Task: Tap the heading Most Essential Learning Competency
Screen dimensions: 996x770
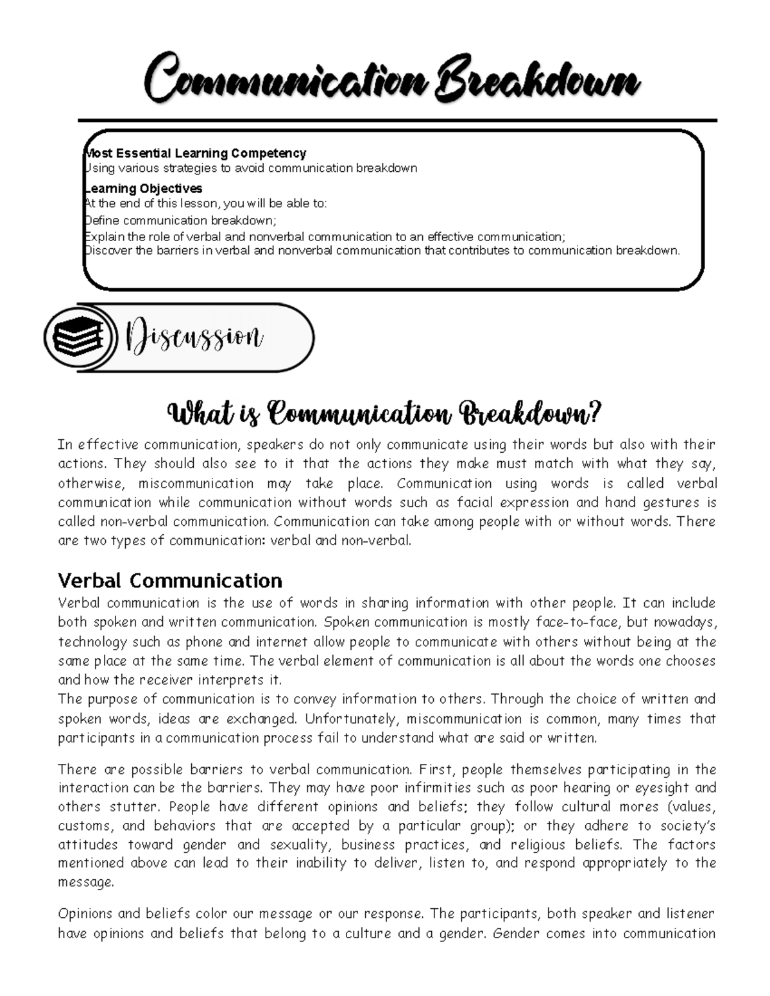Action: pyautogui.click(x=196, y=153)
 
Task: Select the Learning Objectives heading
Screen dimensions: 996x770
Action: pyautogui.click(x=144, y=189)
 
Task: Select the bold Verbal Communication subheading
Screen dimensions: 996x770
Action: pyautogui.click(x=170, y=580)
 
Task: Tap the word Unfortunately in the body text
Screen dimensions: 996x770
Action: pyautogui.click(x=351, y=718)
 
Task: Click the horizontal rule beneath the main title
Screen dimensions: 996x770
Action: pyautogui.click(x=397, y=120)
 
